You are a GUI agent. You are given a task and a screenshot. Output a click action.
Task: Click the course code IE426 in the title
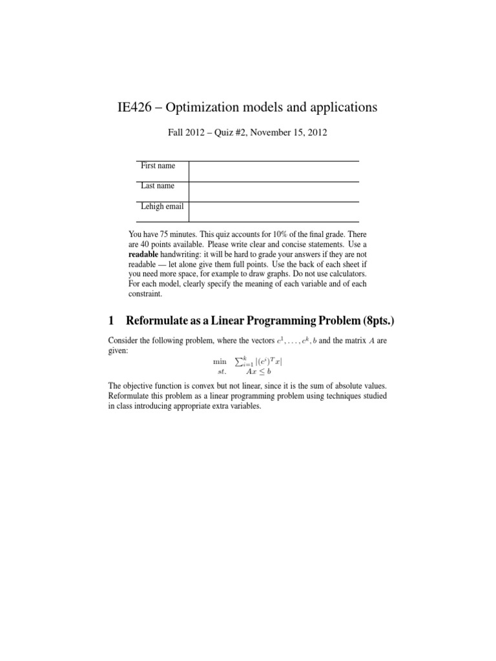tap(134, 108)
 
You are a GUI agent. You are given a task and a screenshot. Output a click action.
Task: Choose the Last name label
tap(158, 186)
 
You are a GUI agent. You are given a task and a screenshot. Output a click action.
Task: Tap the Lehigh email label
tap(162, 207)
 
